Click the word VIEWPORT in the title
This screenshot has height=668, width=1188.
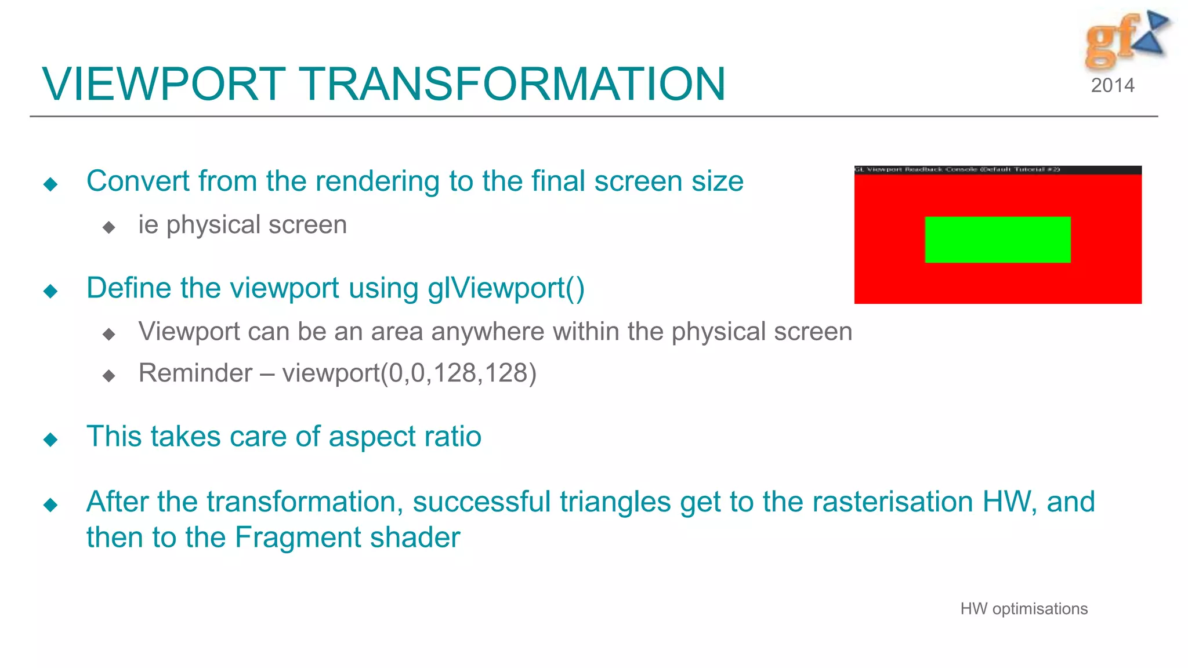164,84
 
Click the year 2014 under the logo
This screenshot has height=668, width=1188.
1112,86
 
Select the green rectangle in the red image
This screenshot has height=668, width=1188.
997,239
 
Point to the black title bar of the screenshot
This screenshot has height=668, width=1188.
997,170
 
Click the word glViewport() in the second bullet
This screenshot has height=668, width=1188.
506,288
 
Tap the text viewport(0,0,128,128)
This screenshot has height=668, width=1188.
409,373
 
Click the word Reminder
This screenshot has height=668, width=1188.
195,373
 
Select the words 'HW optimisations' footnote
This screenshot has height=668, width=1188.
1023,609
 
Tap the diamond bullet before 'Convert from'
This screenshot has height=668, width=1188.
50,184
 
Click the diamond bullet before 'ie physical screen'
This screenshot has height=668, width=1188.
108,227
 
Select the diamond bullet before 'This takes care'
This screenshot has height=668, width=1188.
50,440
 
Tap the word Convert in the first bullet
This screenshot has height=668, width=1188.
137,181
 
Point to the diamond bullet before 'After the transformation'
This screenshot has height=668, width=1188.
50,505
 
